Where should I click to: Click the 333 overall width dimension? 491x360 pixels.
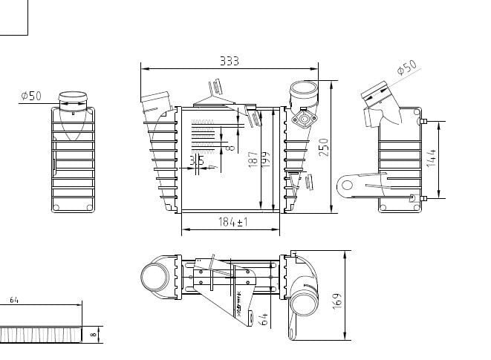click(x=229, y=62)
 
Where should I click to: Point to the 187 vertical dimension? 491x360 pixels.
click(x=253, y=160)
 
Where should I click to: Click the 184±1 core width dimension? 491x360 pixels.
click(x=233, y=222)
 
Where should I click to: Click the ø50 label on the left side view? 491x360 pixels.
click(x=31, y=96)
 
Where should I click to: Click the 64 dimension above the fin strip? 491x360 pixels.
click(x=14, y=301)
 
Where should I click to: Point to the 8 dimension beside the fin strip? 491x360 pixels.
click(x=93, y=335)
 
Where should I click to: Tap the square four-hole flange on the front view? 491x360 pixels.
click(x=303, y=120)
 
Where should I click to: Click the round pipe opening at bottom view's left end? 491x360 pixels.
click(x=155, y=278)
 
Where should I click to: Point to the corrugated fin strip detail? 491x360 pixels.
click(x=41, y=335)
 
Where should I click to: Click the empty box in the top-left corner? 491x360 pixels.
click(x=13, y=17)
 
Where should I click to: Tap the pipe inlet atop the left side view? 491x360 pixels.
click(x=73, y=97)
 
